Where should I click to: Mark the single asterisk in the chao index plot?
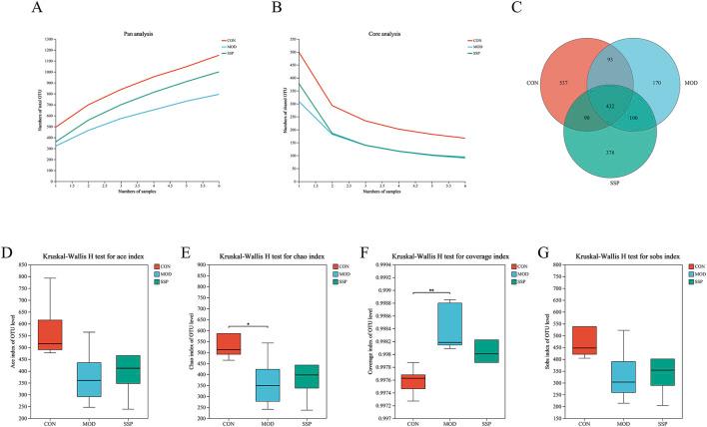(x=249, y=323)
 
